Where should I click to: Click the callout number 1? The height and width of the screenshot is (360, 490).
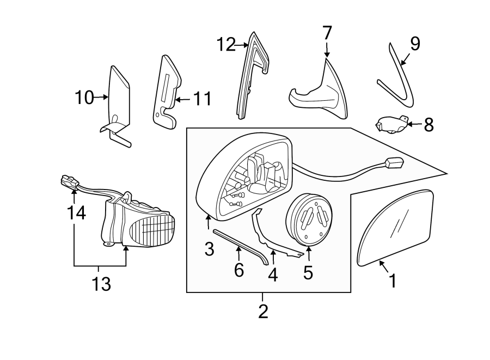pyautogui.click(x=392, y=280)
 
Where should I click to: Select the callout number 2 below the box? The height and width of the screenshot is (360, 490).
pyautogui.click(x=263, y=312)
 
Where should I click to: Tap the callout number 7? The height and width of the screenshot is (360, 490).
pyautogui.click(x=327, y=33)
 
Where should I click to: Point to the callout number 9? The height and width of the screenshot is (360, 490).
pyautogui.click(x=415, y=44)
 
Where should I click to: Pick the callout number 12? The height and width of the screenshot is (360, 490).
pyautogui.click(x=227, y=44)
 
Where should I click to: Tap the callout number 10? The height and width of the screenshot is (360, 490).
pyautogui.click(x=85, y=98)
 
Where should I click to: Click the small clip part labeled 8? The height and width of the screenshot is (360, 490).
pyautogui.click(x=390, y=125)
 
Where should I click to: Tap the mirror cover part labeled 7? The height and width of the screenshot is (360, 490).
pyautogui.click(x=321, y=95)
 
